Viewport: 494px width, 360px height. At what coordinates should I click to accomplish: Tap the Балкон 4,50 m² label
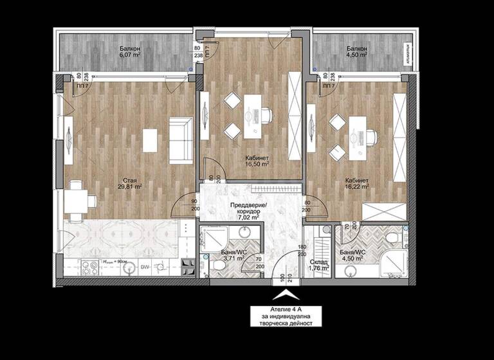356,52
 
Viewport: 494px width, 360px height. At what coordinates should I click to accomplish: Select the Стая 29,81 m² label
129,184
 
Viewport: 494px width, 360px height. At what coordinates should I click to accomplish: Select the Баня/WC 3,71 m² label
230,255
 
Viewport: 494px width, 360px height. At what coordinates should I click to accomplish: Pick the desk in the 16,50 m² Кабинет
252,115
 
